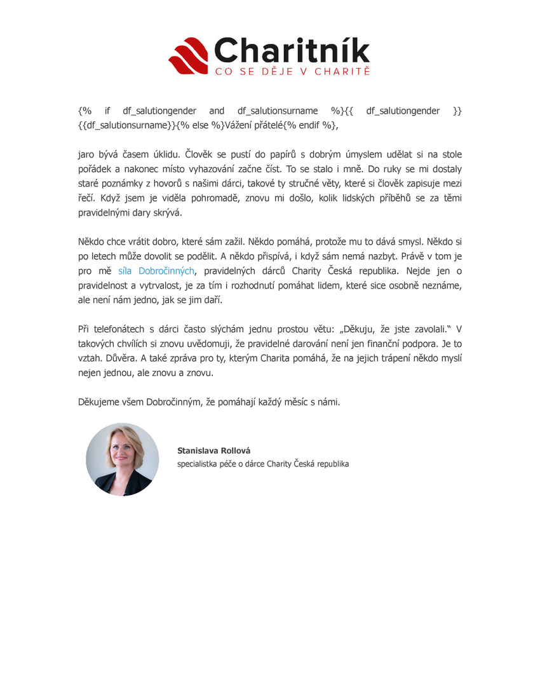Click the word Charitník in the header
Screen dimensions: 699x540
pyautogui.click(x=292, y=51)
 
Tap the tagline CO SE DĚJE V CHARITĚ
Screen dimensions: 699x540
pyautogui.click(x=292, y=71)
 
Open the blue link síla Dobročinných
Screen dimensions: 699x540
pyautogui.click(x=156, y=270)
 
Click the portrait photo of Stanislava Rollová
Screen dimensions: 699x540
pyautogui.click(x=123, y=459)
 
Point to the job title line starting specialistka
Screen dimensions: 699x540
pyautogui.click(x=263, y=464)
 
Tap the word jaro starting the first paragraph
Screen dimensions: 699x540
pyautogui.click(x=86, y=154)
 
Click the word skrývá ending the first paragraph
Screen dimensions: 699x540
pyautogui.click(x=165, y=213)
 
